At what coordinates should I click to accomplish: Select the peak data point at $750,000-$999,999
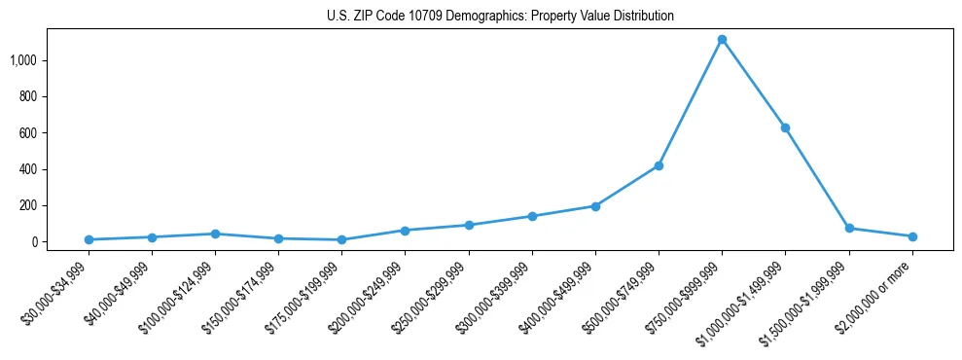coord(722,40)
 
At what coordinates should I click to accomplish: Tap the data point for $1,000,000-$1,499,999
coord(785,127)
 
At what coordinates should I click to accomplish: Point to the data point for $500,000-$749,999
coord(659,165)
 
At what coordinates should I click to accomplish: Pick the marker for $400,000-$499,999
coord(595,206)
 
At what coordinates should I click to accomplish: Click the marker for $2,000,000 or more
coord(912,236)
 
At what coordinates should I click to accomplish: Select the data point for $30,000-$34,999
coord(89,239)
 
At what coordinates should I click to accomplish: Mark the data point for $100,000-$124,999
coord(215,234)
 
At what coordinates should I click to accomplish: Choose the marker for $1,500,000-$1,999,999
coord(849,228)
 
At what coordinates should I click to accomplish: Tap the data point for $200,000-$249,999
coord(405,231)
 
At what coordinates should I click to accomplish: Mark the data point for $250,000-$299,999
coord(469,225)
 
